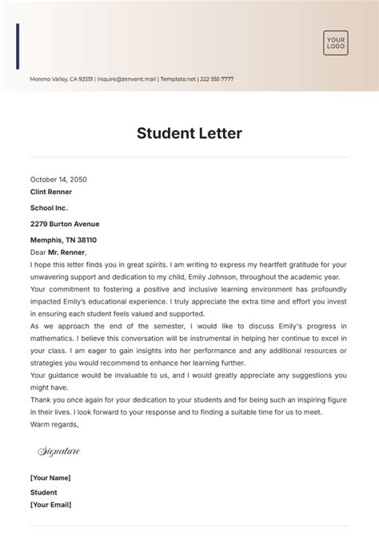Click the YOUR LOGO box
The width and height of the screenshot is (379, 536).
tap(335, 42)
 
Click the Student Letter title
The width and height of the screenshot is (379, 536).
tap(189, 132)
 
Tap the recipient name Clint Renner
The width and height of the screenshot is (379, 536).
tap(50, 192)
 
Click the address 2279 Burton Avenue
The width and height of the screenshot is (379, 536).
tap(65, 224)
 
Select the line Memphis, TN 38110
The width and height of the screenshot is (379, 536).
tap(63, 240)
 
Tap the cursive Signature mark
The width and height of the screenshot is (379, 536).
tap(59, 451)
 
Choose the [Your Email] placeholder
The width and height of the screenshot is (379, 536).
tap(51, 505)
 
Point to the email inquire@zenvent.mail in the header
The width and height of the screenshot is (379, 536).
tap(126, 79)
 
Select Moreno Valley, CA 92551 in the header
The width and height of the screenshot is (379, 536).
tap(61, 79)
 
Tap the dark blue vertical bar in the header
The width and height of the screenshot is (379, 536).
tap(18, 46)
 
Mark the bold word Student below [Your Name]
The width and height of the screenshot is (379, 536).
tap(44, 492)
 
